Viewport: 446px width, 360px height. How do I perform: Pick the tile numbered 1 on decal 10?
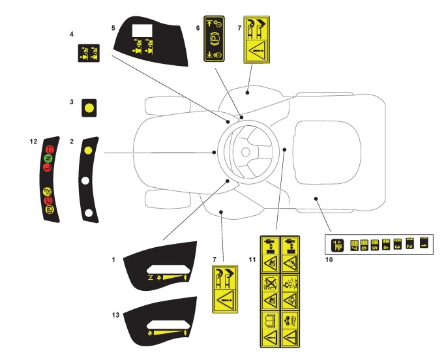[x=423, y=243]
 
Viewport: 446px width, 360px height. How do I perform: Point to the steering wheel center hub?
[x=245, y=153]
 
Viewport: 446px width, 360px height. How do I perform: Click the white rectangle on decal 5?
[x=141, y=31]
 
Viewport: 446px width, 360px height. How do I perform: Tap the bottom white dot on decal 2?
[x=87, y=212]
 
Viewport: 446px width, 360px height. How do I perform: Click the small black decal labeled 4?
[x=87, y=52]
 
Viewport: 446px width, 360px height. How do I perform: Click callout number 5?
[x=113, y=28]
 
